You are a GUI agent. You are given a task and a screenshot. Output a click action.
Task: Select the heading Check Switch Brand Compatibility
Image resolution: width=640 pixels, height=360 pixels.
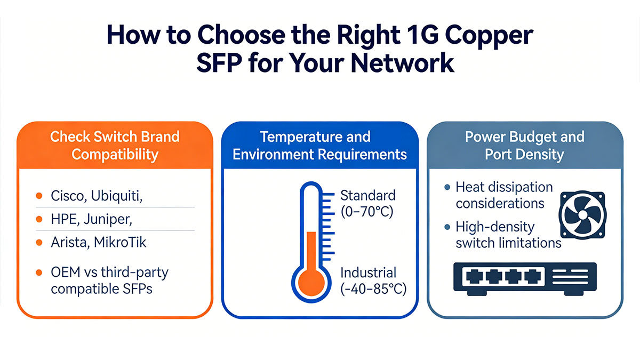tap(115, 146)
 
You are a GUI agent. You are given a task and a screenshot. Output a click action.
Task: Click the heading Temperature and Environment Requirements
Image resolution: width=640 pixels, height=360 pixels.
tap(319, 146)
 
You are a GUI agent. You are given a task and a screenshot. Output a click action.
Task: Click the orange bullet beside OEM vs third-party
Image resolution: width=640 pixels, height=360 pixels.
tap(39, 273)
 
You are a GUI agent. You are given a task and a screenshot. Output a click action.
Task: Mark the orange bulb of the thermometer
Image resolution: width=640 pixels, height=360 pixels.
tap(311, 281)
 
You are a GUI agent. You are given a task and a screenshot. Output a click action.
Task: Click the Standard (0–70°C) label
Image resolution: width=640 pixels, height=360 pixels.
tap(367, 203)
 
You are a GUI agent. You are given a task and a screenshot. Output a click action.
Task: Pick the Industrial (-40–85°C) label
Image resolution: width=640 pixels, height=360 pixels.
tap(373, 281)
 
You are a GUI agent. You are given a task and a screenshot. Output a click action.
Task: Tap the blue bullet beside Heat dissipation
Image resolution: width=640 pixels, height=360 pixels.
tap(447, 188)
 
